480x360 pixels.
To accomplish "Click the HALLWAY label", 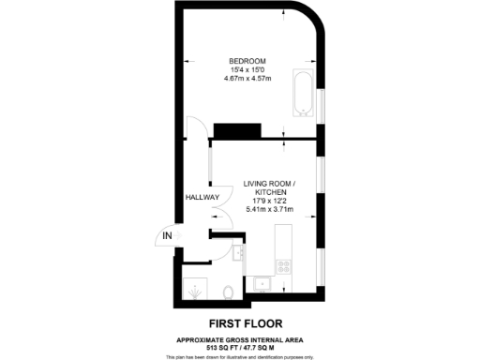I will coord(202,198).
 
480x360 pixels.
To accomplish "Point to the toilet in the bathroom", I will coord(230,292).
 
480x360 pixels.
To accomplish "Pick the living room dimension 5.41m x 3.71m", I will coord(269,209).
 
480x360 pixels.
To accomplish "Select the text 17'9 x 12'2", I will coord(269,200).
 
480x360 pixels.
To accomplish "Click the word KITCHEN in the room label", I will coord(269,190).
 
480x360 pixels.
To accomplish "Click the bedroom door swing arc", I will coord(194,131).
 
